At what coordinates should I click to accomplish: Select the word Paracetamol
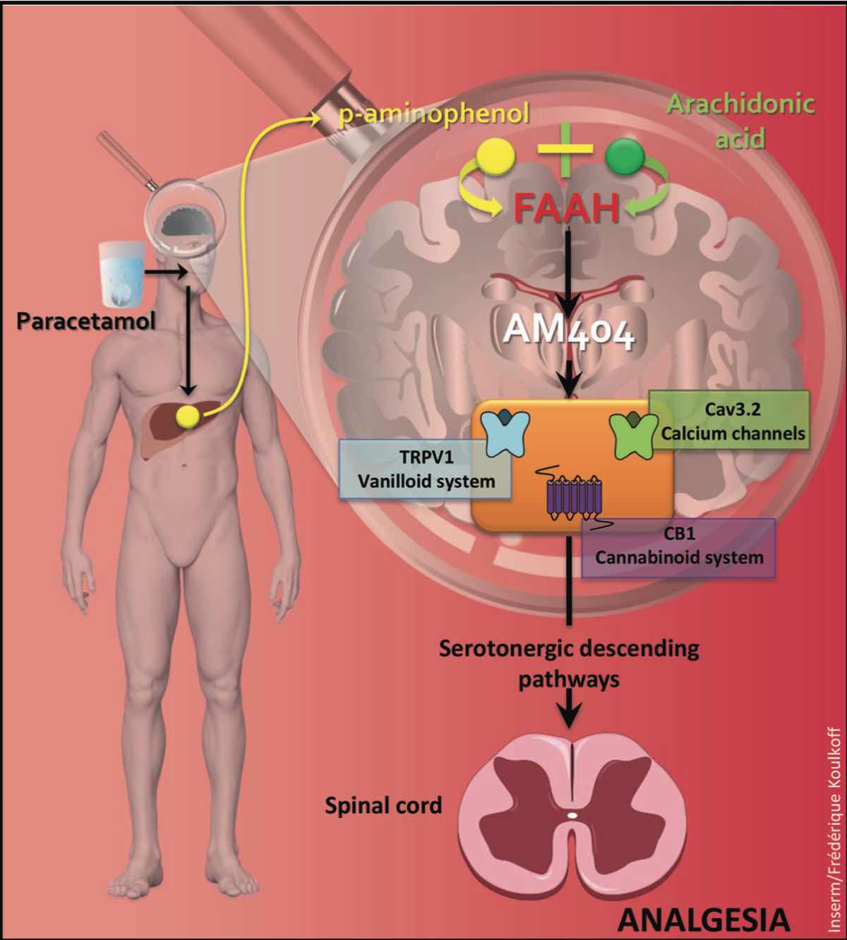pyautogui.click(x=86, y=322)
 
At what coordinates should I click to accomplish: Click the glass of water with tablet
pyautogui.click(x=122, y=275)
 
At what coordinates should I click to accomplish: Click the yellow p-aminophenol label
pyautogui.click(x=434, y=114)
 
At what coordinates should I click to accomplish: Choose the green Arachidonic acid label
pyautogui.click(x=740, y=121)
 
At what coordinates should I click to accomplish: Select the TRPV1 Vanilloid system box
pyautogui.click(x=425, y=469)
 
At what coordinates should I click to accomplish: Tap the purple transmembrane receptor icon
pyautogui.click(x=575, y=499)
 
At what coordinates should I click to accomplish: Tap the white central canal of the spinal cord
pyautogui.click(x=572, y=815)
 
